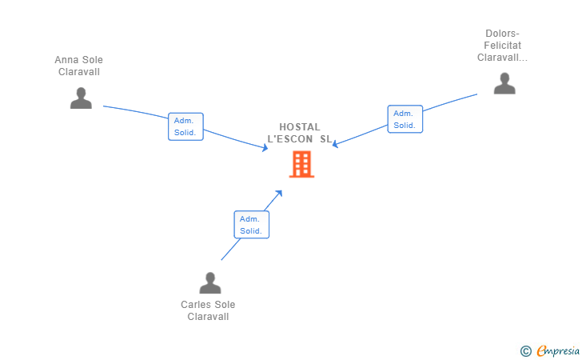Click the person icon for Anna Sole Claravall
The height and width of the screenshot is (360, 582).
coord(81,98)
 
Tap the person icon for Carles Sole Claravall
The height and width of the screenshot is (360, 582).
coord(209,283)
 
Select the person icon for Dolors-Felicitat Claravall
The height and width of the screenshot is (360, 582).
coord(504,84)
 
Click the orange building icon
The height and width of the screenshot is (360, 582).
coord(301,164)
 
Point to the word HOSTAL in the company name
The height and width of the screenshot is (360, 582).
coord(300,127)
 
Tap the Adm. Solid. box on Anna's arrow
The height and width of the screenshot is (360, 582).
coord(185,126)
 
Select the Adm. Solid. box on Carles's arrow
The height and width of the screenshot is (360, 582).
coord(251,225)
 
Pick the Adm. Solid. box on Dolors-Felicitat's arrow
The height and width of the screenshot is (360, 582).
coord(405,119)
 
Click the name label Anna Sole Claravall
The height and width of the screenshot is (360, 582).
coord(78,66)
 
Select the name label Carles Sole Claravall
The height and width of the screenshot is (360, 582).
coord(208,310)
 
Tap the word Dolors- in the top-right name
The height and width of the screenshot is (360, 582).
coord(502,34)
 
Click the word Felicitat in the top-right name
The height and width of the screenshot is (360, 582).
coord(502,46)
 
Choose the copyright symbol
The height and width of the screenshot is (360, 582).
coord(525,350)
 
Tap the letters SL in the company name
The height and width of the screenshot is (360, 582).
coord(325,139)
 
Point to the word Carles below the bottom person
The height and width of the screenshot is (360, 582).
coord(196,305)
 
